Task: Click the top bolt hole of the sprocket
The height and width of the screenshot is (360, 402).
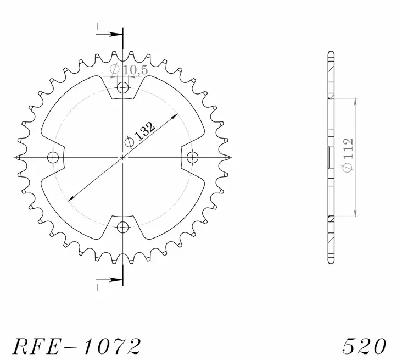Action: coord(122,88)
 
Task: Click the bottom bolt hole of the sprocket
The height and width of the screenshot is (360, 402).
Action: coord(122,228)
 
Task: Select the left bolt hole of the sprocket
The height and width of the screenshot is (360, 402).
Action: coord(53,158)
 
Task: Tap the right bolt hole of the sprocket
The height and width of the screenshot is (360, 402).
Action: coord(192,158)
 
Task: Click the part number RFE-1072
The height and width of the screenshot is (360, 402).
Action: coord(76,346)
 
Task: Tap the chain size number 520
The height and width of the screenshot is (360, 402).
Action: coord(365,346)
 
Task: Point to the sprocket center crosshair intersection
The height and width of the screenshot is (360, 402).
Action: coord(122,158)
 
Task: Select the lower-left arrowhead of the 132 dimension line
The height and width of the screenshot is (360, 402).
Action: coord(69,198)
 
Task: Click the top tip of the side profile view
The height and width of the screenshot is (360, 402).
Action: coord(331,53)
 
